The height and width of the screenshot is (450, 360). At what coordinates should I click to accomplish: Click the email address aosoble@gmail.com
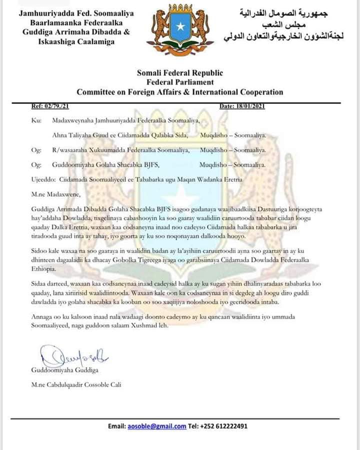coord(156,426)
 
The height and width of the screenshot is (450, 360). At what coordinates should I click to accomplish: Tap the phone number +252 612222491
coord(224,426)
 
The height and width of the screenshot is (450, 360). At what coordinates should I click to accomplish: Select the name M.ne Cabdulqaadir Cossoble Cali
coord(76,384)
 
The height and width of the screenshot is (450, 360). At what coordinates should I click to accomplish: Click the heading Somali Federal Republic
coord(179,73)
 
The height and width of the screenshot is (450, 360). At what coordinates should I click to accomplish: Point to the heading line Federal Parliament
coord(179,82)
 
